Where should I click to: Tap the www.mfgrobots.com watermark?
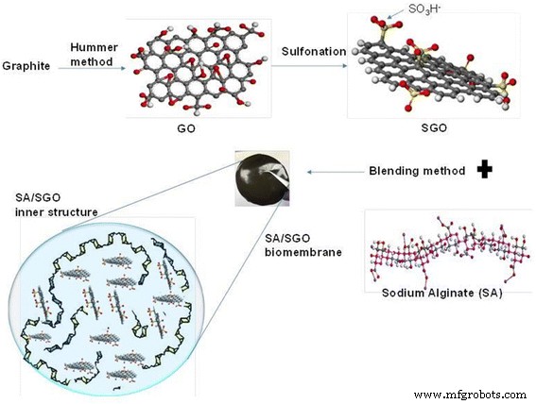coord(469,393)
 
